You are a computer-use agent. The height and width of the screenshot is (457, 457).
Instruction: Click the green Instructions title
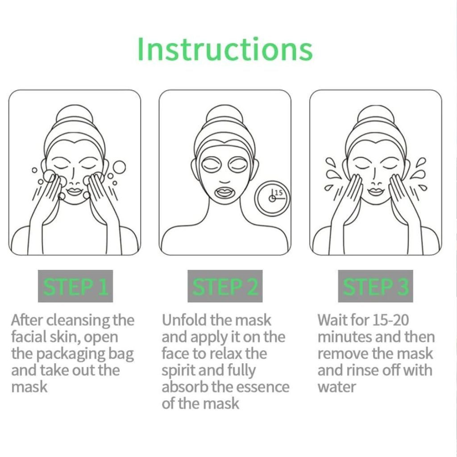pos(225,49)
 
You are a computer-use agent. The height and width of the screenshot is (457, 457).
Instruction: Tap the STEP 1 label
pos(75,286)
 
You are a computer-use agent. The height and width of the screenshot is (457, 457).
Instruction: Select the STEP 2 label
pos(225,286)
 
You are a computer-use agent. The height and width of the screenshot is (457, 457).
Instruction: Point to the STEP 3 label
pos(375,286)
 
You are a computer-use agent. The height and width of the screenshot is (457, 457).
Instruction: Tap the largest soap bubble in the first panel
pos(119,167)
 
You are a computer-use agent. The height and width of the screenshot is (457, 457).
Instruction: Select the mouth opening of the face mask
pos(224,192)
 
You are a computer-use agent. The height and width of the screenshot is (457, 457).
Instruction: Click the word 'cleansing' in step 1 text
pos(79,320)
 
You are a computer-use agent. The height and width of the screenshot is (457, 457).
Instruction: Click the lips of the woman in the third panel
pos(376,192)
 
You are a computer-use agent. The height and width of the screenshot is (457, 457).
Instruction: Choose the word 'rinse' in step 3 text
pos(362,370)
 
